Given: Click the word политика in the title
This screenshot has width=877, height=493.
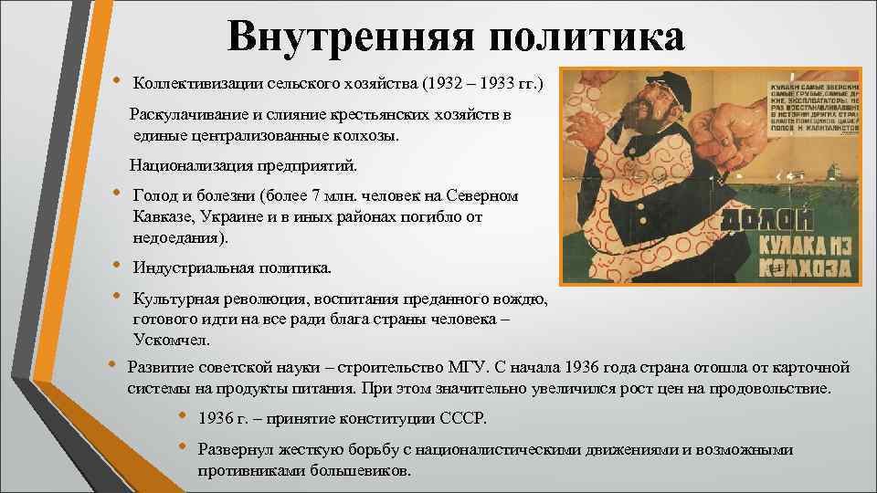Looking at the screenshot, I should tap(585, 37).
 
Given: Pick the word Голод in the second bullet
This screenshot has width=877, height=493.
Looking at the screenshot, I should tap(153, 195).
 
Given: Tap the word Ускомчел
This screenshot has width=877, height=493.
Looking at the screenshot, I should tap(171, 339).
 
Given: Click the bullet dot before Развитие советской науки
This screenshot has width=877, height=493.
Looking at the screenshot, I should tap(111, 365).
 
